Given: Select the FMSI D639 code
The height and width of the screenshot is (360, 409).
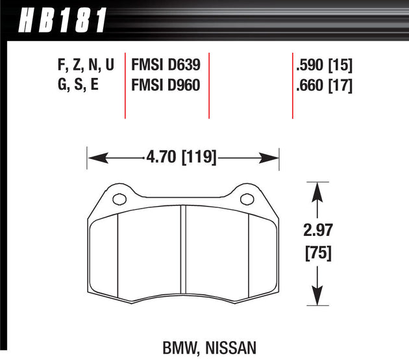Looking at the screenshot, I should (x=166, y=65).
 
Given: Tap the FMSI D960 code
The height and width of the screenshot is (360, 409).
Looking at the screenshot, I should (x=166, y=84).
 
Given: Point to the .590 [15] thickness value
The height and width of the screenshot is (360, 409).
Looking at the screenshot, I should (x=323, y=65).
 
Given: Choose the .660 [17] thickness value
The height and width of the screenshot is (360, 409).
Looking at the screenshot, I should (x=323, y=84).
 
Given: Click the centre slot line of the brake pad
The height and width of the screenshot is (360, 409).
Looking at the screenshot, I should (x=184, y=253).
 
